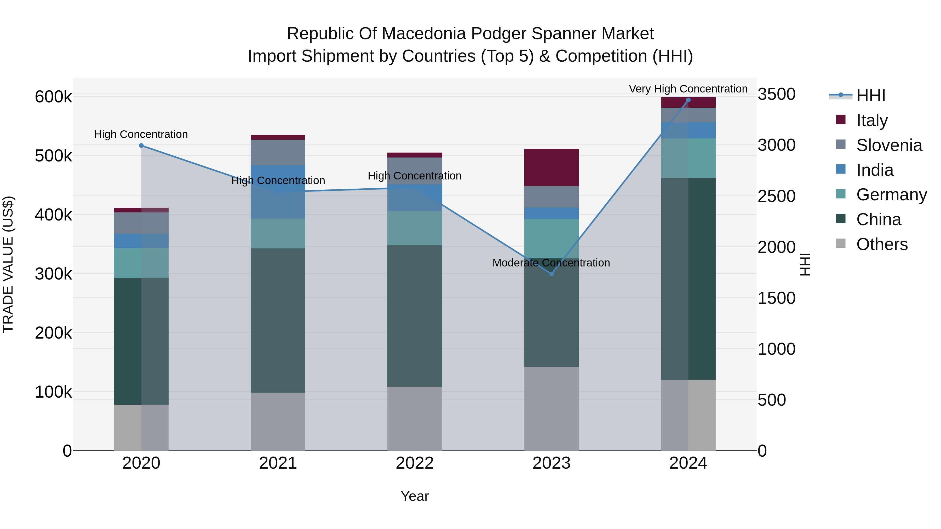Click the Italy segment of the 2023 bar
(x=551, y=167)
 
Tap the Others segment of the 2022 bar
(x=415, y=418)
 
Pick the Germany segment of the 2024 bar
(x=688, y=158)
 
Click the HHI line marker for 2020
(x=141, y=146)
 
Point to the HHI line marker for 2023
(x=552, y=274)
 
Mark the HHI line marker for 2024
(x=688, y=100)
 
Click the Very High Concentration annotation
(x=688, y=89)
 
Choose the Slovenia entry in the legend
(x=889, y=145)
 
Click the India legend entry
(x=875, y=170)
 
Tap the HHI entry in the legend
(x=870, y=96)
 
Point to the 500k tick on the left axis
(x=53, y=156)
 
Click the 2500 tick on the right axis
(x=776, y=196)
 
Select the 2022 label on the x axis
(x=415, y=463)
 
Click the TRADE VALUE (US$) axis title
(x=8, y=264)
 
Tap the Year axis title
(x=415, y=496)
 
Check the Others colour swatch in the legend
(x=841, y=243)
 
